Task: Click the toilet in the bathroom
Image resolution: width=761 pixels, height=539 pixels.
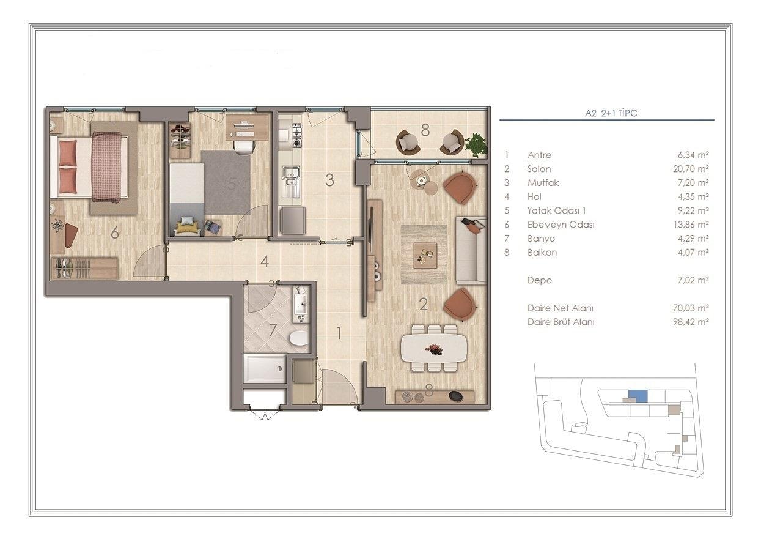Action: click(x=300, y=338)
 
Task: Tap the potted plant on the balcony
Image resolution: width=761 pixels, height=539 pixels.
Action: click(x=476, y=145)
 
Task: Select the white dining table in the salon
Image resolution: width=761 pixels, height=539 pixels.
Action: click(x=434, y=349)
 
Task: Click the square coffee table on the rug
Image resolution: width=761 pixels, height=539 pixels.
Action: click(x=425, y=255)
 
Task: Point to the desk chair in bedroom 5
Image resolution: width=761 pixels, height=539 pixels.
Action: click(x=244, y=147)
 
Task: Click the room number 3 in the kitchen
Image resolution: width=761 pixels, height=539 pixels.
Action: click(x=329, y=180)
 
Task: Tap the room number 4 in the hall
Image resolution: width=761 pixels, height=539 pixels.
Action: click(x=264, y=261)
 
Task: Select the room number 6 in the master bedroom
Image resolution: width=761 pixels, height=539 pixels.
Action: click(x=115, y=232)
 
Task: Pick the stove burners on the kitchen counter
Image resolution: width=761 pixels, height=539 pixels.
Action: click(x=296, y=135)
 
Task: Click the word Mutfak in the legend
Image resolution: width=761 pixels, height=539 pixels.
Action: click(x=543, y=183)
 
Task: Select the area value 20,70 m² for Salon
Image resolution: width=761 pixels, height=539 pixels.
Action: click(x=691, y=169)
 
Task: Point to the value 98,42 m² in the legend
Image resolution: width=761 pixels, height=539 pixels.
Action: click(x=691, y=322)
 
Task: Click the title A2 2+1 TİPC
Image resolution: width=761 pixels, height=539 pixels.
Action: click(x=611, y=113)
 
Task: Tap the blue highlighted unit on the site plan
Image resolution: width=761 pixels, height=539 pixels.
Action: click(x=638, y=396)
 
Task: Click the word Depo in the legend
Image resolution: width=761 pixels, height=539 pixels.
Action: click(x=540, y=280)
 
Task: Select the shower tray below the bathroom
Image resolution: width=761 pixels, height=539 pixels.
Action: click(x=265, y=369)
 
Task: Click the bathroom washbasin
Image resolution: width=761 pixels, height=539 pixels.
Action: click(x=301, y=303)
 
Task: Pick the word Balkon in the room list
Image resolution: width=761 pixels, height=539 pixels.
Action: click(x=542, y=252)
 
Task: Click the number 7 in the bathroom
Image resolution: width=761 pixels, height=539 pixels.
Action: click(x=273, y=330)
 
